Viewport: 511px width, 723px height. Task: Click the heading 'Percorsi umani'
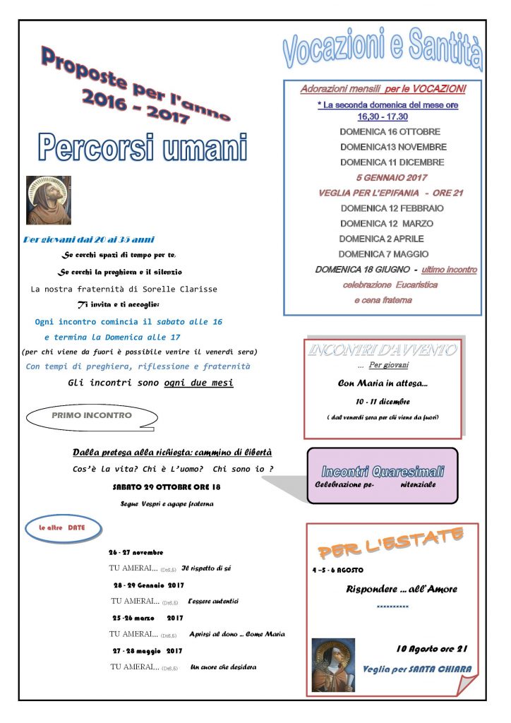(x=143, y=147)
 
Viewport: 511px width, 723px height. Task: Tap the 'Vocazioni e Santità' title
(x=383, y=49)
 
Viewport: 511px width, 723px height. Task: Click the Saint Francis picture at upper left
(x=49, y=200)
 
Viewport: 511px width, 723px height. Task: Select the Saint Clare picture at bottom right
(x=333, y=664)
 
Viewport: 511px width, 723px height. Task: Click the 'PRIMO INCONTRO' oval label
(x=92, y=416)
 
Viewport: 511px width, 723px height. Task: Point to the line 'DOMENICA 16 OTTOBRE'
(x=390, y=131)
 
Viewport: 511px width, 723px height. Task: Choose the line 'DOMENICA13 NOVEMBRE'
(x=393, y=147)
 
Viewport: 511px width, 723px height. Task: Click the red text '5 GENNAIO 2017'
(x=392, y=177)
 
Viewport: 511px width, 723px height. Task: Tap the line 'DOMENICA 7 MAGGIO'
(x=383, y=253)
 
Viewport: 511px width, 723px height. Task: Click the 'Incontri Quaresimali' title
(x=383, y=471)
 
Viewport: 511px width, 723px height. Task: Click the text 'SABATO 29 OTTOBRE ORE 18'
(x=167, y=487)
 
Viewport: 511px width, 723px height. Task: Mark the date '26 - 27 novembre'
(x=136, y=552)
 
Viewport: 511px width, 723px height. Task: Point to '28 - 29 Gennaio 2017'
(x=149, y=585)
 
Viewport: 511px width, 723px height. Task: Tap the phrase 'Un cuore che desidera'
(x=224, y=667)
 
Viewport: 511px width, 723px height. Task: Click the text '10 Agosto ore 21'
(x=432, y=648)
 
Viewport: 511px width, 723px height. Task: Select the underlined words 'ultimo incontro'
(x=450, y=270)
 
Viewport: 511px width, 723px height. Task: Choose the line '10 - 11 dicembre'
(x=383, y=401)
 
